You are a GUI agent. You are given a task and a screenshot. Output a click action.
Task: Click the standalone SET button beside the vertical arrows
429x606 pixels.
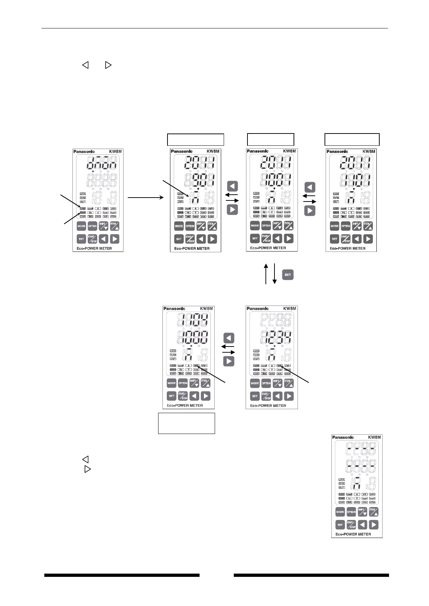[x=287, y=275]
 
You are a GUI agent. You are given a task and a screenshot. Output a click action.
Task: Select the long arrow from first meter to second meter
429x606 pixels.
[x=146, y=197]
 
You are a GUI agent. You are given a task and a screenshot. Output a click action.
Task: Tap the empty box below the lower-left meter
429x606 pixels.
[x=187, y=423]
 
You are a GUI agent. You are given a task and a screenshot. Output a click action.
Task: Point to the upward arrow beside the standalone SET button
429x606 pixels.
[x=266, y=273]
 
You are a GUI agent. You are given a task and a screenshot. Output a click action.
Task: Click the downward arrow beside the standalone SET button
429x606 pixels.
[x=274, y=273]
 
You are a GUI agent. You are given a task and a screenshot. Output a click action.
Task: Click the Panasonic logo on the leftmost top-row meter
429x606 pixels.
[x=84, y=151]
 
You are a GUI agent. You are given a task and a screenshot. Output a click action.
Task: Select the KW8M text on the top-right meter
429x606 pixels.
[x=369, y=151]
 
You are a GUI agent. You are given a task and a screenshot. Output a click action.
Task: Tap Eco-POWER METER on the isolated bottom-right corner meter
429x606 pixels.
[x=353, y=534]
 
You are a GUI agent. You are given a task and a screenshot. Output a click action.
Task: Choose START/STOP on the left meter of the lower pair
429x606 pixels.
[x=183, y=396]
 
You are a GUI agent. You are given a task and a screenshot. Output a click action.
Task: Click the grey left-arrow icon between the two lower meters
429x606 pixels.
[x=229, y=338]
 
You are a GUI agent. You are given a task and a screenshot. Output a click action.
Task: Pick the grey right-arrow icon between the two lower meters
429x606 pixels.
[x=229, y=361]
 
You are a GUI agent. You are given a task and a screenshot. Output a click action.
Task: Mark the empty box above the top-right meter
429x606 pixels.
[x=352, y=139]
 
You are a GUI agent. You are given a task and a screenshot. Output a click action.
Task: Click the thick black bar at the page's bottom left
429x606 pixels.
[x=122, y=575]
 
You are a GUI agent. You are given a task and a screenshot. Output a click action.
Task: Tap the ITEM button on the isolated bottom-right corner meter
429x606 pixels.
[x=374, y=512]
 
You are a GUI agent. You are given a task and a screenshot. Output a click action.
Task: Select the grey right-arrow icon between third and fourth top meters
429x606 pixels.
[x=310, y=211]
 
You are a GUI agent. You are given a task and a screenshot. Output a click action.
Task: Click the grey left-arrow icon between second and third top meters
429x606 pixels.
[x=232, y=186]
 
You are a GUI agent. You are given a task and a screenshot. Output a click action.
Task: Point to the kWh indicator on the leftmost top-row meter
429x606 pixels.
[x=113, y=208]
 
